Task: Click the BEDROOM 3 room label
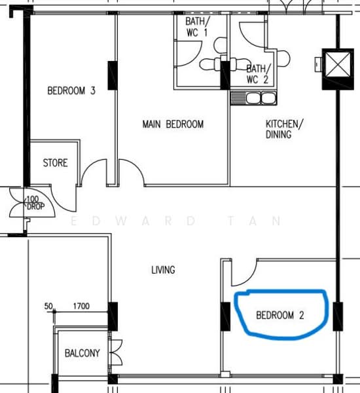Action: point(71,91)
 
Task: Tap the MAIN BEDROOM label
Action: point(173,124)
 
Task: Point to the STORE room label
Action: point(55,162)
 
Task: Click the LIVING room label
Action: point(163,269)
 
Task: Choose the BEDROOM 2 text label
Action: point(279,315)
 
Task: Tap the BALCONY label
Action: point(82,353)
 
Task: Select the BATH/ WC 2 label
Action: point(257,73)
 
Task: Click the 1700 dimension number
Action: point(81,306)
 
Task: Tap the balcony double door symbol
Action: point(117,353)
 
